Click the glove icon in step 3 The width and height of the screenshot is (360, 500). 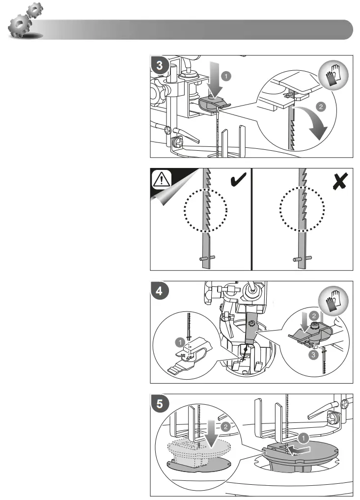point(336,77)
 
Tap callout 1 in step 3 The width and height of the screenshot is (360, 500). point(225,77)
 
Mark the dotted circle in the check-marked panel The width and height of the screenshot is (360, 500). point(206,211)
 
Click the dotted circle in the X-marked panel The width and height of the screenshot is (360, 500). point(301,211)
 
